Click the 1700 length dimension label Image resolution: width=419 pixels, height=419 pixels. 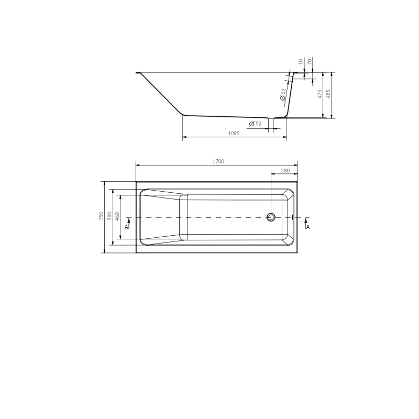(x=218, y=161)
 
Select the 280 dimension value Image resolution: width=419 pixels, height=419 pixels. (x=285, y=171)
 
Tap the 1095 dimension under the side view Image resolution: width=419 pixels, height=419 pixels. (x=234, y=134)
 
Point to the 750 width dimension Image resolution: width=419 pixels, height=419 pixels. (x=101, y=216)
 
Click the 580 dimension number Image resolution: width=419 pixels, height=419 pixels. (x=109, y=216)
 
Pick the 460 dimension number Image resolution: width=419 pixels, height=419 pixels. (x=117, y=216)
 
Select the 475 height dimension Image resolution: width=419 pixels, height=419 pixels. (x=320, y=94)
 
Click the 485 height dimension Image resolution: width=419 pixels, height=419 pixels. (x=328, y=94)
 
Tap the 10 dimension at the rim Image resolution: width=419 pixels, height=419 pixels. (x=301, y=62)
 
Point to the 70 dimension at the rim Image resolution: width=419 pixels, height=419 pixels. (x=310, y=62)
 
